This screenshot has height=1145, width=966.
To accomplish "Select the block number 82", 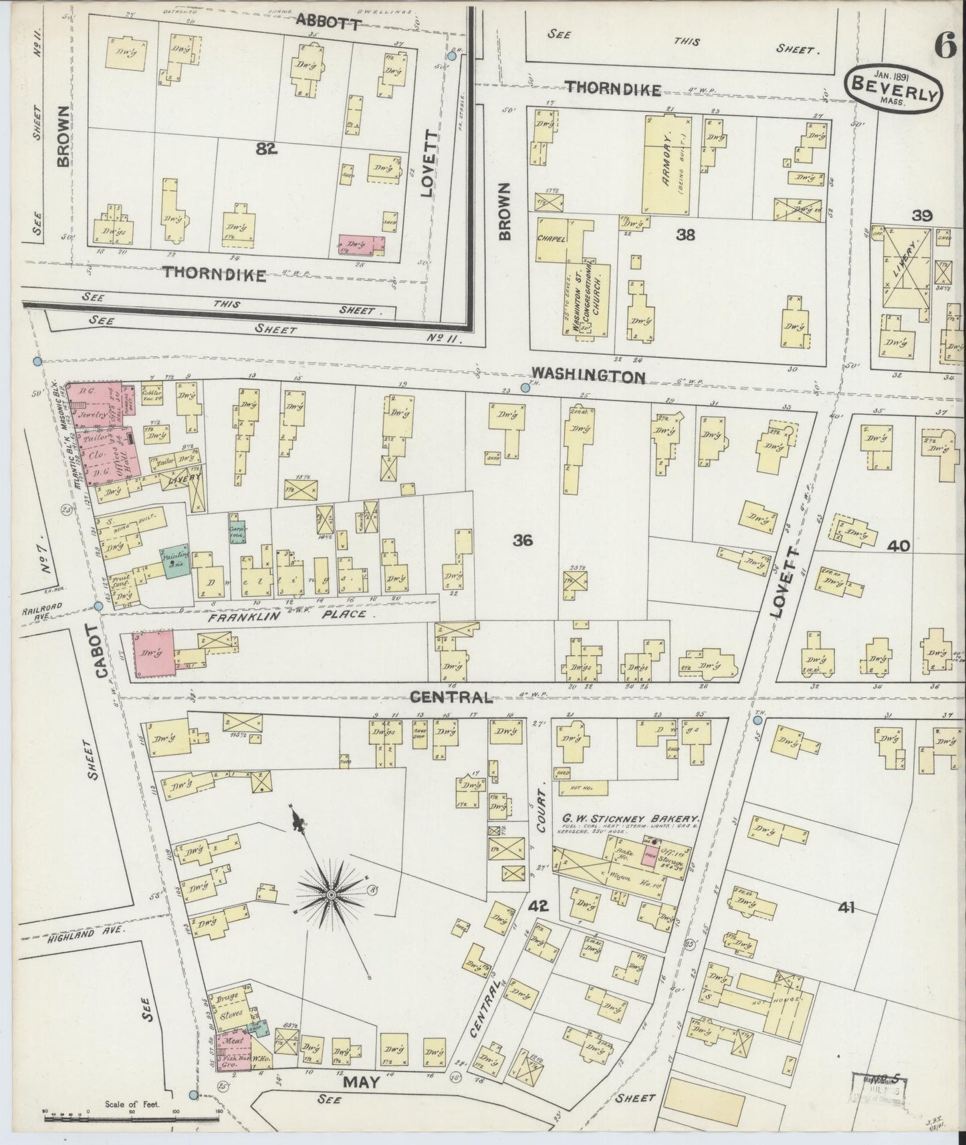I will pos(266,150).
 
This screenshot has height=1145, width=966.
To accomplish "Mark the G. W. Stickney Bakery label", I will pos(630,818).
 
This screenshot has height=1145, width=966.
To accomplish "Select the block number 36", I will pos(523,541).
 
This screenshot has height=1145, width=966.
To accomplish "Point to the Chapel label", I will pos(552,238).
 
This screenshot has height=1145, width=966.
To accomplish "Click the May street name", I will pos(361,1082).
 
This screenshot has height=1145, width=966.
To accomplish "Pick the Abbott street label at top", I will pos(328,23).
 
